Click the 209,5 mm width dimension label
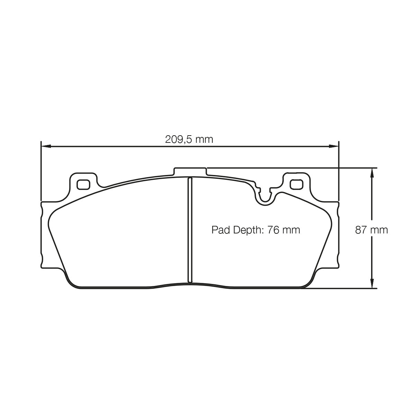pyautogui.click(x=189, y=139)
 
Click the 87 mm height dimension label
pyautogui.click(x=371, y=230)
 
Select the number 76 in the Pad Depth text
pyautogui.click(x=273, y=230)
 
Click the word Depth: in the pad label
pyautogui.click(x=246, y=230)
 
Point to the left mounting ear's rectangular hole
pyautogui.click(x=83, y=185)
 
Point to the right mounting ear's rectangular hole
pyautogui.click(x=296, y=185)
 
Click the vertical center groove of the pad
pyautogui.click(x=189, y=230)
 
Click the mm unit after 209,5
pyautogui.click(x=204, y=140)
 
